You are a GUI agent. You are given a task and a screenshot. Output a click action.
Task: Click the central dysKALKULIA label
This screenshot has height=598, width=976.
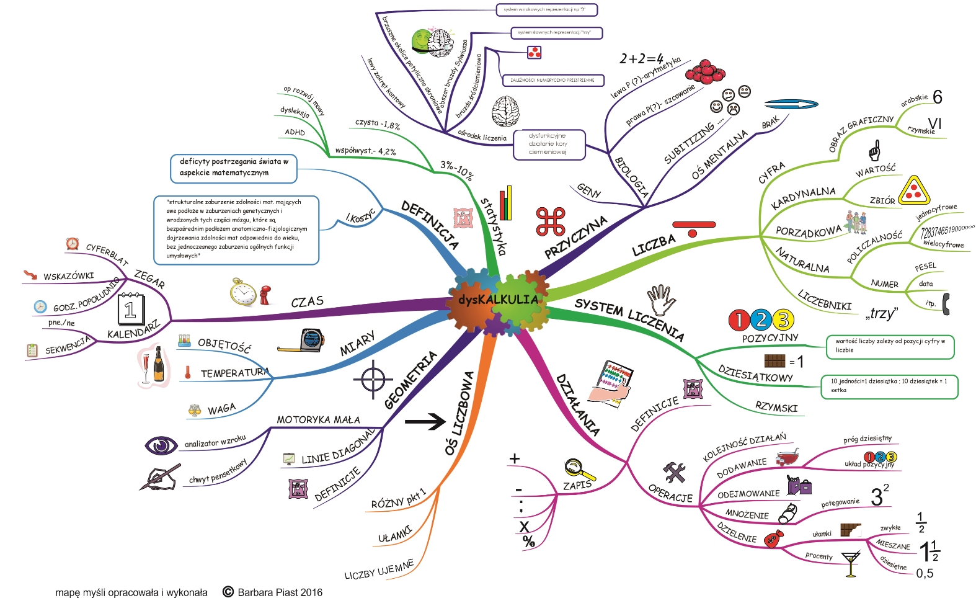coord(498,300)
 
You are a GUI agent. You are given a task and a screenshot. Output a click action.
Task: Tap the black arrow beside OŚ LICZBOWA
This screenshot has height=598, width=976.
coord(425,422)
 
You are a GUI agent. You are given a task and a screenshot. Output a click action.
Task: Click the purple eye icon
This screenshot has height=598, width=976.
coord(161,445)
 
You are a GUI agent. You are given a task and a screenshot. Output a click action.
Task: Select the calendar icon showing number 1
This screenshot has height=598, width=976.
coord(131,310)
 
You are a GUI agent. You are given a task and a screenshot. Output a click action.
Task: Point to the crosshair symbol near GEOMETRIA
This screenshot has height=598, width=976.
coord(373,379)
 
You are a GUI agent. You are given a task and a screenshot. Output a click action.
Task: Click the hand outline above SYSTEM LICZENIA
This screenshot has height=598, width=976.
coord(662,300)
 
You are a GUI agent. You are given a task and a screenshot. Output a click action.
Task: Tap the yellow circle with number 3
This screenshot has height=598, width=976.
coord(784,320)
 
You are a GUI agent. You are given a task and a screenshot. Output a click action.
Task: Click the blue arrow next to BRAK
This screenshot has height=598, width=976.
coord(791,105)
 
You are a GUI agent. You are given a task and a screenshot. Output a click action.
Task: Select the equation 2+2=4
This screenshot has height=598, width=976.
coord(641,59)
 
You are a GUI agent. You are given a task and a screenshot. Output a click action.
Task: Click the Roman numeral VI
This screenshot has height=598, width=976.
coord(934,123)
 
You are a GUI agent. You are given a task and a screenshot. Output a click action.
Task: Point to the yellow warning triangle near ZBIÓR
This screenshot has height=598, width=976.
coord(914,190)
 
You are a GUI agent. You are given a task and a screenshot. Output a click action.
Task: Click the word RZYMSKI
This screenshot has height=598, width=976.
coord(776,408)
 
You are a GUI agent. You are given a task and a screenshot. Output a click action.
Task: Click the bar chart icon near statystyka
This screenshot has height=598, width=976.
coord(507,203)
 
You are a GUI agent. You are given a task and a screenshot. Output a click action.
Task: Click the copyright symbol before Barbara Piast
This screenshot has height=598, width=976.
coord(228,592)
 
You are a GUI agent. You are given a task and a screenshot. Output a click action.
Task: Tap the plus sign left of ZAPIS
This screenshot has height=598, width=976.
coord(514,459)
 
